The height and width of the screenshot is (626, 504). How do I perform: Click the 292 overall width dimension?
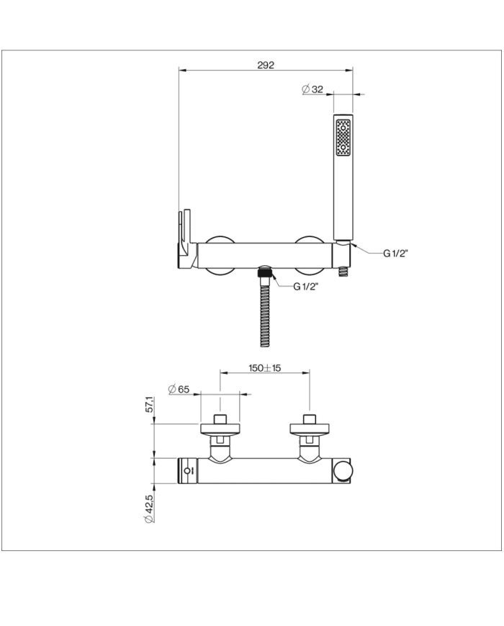pyautogui.click(x=266, y=65)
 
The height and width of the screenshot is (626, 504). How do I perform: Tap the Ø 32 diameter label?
pyautogui.click(x=312, y=89)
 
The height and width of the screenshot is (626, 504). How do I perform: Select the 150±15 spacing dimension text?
pyautogui.click(x=264, y=367)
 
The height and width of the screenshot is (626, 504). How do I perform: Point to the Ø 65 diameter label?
pyautogui.click(x=179, y=389)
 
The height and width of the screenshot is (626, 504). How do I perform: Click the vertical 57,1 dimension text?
pyautogui.click(x=150, y=404)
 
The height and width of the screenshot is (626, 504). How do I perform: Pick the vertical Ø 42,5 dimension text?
pyautogui.click(x=149, y=509)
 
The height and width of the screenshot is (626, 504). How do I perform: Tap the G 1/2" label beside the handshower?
pyautogui.click(x=395, y=253)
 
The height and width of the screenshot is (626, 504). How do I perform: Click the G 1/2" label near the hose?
pyautogui.click(x=306, y=286)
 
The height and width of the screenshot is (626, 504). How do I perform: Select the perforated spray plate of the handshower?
pyautogui.click(x=343, y=138)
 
